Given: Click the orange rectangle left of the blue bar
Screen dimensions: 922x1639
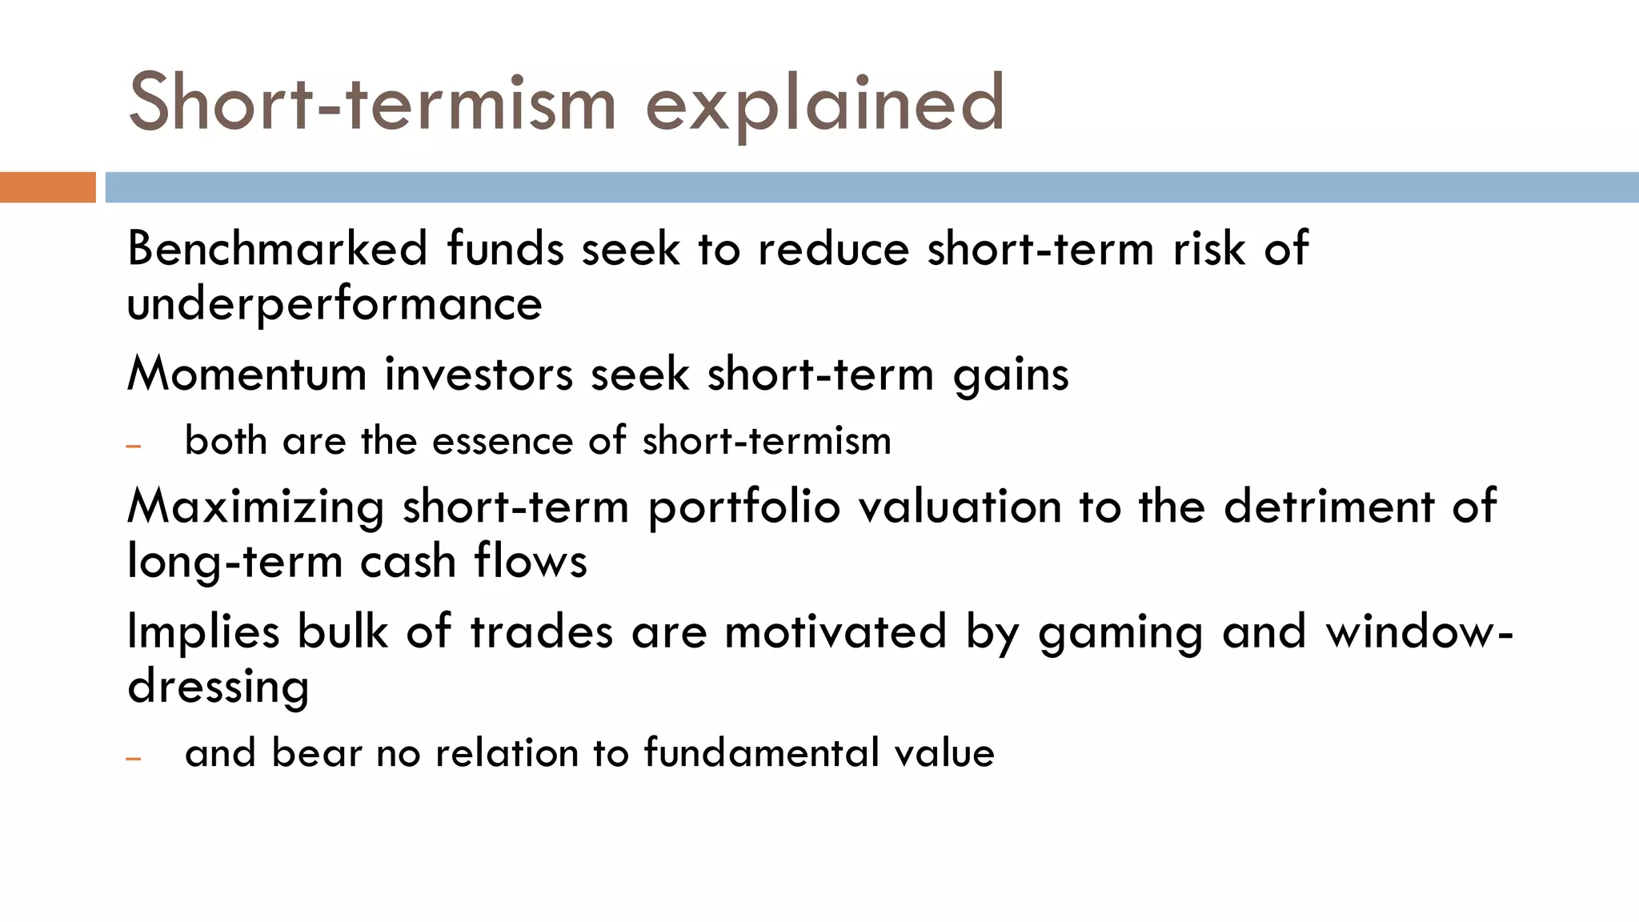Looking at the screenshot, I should coord(47,187).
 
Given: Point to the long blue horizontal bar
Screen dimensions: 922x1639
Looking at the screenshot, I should coord(871,187).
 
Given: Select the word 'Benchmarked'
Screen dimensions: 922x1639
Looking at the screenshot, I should coord(278,248).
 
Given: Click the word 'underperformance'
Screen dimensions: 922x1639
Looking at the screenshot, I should coord(335,305).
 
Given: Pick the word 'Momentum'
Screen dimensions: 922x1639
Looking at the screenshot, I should coord(246,374).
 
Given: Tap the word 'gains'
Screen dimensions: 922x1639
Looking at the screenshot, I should coord(1010,375).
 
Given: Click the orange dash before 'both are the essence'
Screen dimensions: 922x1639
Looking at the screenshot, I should coord(134,445).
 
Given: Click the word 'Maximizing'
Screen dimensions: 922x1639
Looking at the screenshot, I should coord(255,507).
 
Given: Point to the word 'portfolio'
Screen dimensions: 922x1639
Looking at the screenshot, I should coord(743,507).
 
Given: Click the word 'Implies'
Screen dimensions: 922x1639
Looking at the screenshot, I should coord(203,632).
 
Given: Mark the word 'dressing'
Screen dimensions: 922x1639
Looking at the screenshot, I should coord(218,687).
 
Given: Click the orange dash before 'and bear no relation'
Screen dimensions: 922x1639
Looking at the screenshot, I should coord(134,757).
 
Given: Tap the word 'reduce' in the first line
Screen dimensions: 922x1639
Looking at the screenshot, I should coord(833,248).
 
